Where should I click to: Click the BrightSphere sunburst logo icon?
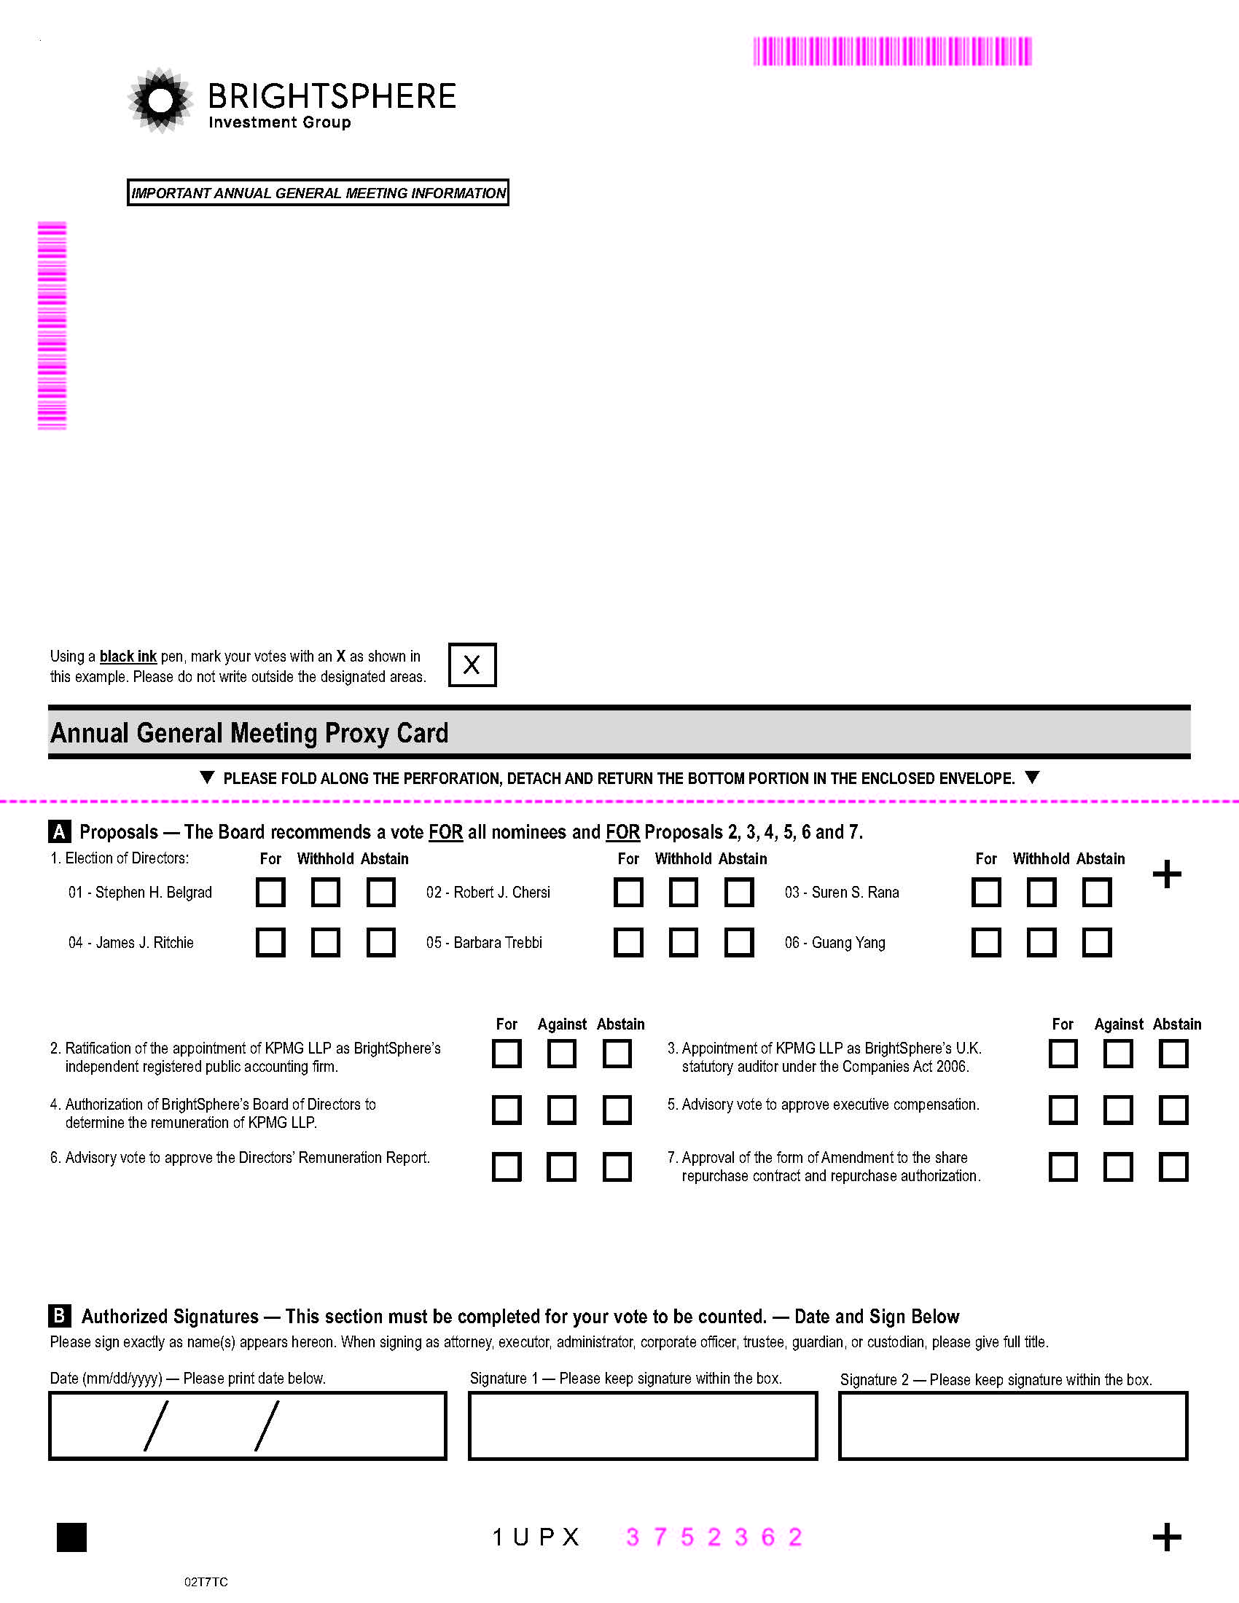click(160, 101)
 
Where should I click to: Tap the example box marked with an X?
click(472, 665)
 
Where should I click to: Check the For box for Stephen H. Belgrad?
click(270, 893)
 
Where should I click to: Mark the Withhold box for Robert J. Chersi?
click(684, 893)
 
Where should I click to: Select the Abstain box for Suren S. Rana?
click(1097, 893)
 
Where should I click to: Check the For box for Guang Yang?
click(986, 942)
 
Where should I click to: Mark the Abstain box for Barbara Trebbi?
click(738, 942)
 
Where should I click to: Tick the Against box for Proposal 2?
click(561, 1054)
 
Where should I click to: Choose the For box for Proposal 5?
click(1063, 1110)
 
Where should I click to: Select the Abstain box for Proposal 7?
click(1173, 1167)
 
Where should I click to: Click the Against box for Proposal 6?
click(561, 1167)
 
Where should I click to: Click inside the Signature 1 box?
click(642, 1425)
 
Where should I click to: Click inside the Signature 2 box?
click(1013, 1425)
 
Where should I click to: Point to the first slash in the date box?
click(156, 1425)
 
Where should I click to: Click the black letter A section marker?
click(60, 831)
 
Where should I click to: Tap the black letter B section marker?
click(60, 1315)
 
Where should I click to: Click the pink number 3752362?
click(714, 1537)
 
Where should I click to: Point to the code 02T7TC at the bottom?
click(206, 1582)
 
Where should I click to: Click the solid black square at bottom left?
click(72, 1537)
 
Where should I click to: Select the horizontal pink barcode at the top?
click(892, 52)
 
